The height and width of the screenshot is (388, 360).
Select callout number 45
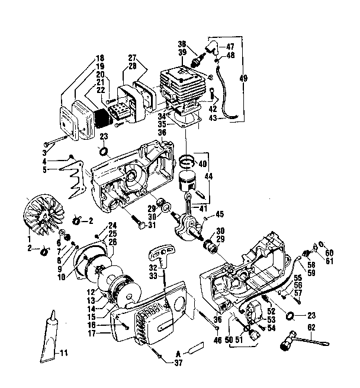coord(219,214)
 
